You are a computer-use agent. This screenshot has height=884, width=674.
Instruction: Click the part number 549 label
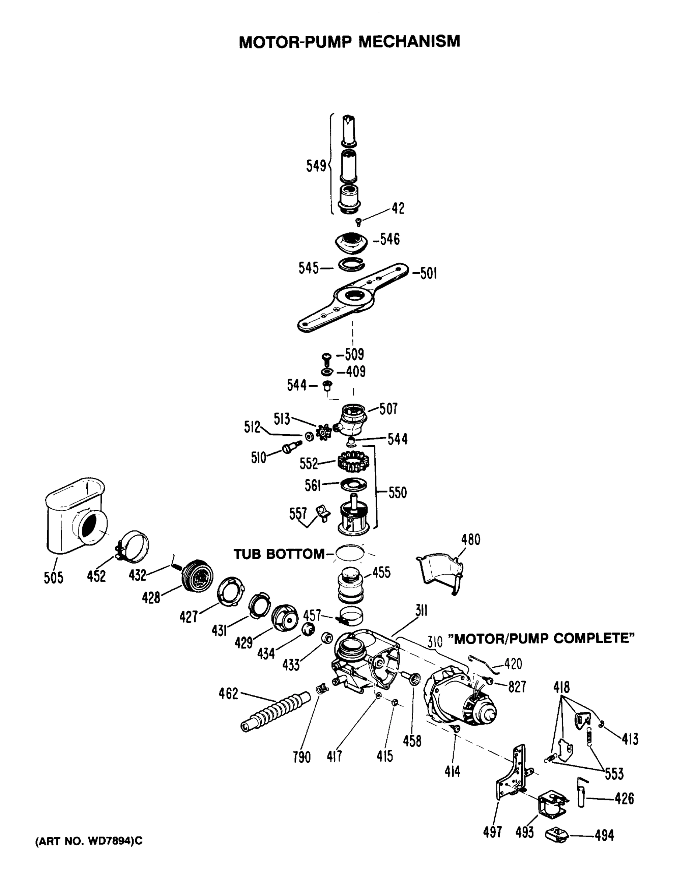tap(316, 166)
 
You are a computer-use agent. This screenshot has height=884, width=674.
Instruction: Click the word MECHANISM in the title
tap(409, 41)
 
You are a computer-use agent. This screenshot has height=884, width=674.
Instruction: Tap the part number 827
tap(517, 687)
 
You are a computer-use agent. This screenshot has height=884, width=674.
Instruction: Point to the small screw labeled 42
tap(359, 222)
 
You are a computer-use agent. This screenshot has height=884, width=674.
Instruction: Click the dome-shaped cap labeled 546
tap(351, 243)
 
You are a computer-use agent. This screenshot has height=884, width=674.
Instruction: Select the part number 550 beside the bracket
tap(397, 492)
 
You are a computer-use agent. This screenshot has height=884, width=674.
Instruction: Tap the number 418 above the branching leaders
tap(561, 687)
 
